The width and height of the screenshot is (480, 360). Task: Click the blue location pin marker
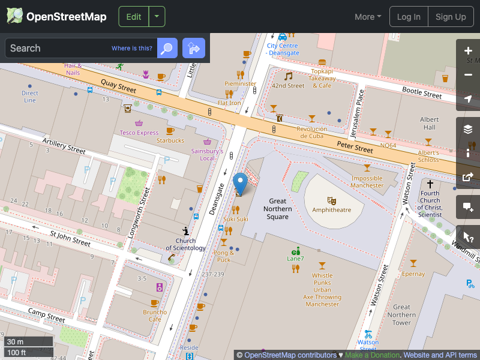240,182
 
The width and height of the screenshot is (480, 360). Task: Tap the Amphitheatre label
331,210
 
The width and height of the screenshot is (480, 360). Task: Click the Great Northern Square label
278,209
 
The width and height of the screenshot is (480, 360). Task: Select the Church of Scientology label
186,244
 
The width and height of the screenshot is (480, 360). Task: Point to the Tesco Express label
139,133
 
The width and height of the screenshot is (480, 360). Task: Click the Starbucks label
170,140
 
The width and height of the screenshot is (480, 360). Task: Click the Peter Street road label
355,146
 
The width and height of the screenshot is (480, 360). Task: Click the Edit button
133,17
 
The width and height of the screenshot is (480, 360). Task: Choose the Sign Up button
451,17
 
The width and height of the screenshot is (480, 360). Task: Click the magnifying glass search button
167,48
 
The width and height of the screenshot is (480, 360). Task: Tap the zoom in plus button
469,51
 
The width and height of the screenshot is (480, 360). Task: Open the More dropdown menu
368,17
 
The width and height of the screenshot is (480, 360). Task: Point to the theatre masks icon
331,200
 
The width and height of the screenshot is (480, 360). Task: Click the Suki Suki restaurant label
236,219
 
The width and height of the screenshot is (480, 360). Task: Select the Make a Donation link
372,355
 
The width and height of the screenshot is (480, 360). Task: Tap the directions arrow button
194,48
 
